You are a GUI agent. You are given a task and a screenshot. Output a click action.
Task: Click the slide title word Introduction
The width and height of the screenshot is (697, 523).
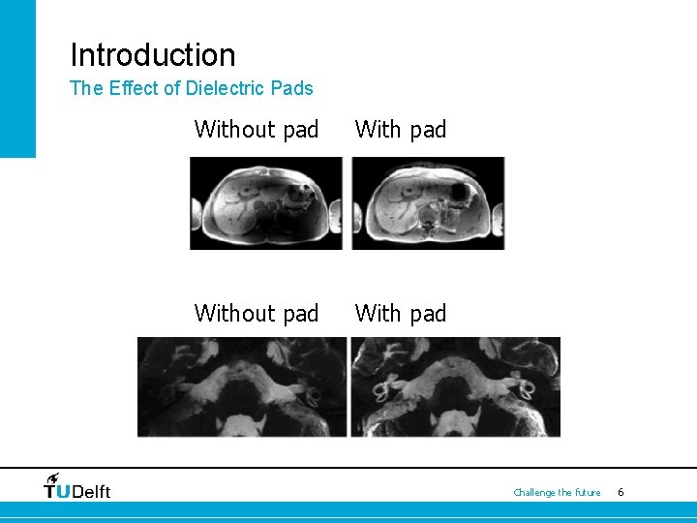[x=152, y=55]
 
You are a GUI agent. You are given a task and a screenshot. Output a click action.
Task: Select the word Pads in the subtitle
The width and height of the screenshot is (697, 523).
[x=293, y=88]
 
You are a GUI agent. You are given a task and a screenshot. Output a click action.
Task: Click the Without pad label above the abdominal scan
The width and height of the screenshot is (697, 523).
[x=257, y=130]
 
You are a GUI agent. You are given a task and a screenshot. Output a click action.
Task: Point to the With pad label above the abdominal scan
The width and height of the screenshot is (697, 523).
[x=401, y=130]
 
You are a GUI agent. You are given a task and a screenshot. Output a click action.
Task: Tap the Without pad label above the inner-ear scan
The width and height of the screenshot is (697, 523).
[x=257, y=314]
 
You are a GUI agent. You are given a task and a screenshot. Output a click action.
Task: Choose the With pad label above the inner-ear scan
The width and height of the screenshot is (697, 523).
[x=401, y=314]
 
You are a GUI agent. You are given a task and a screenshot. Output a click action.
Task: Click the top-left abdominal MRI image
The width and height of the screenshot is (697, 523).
[x=266, y=203]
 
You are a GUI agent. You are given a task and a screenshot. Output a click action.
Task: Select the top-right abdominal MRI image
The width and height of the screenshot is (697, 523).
[x=428, y=203]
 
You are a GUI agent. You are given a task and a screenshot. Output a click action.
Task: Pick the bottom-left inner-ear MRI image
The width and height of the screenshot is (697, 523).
[x=242, y=386]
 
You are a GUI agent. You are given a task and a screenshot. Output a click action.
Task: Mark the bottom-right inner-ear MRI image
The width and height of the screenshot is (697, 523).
[x=455, y=386]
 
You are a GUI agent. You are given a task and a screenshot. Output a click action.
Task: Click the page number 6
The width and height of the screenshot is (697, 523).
[x=621, y=493]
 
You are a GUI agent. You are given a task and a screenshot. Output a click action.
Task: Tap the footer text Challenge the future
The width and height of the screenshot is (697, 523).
[x=557, y=493]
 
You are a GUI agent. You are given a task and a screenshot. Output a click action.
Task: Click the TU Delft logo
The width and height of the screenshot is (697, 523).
[x=77, y=487]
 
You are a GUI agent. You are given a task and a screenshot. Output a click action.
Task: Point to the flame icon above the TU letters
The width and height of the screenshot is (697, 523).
[x=52, y=477]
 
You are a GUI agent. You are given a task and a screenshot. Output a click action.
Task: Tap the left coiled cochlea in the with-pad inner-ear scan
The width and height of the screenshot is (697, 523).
[x=379, y=390]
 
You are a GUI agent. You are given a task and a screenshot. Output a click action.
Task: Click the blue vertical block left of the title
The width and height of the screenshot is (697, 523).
[x=17, y=77]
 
